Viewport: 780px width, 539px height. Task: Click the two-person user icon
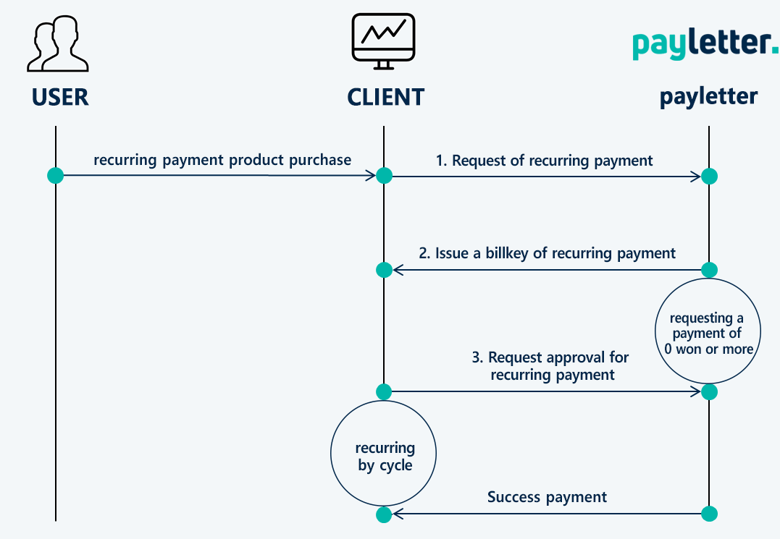click(58, 43)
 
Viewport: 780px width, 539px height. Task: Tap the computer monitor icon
click(384, 41)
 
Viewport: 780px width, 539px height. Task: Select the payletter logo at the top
click(705, 45)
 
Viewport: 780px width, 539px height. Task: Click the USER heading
click(60, 97)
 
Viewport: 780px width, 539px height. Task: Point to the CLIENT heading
click(385, 97)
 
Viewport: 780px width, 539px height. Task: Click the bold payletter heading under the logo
click(708, 96)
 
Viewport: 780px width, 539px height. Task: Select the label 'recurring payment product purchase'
click(222, 160)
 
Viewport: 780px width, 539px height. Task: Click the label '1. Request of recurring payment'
click(544, 161)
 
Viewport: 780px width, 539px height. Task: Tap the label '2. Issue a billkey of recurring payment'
click(548, 253)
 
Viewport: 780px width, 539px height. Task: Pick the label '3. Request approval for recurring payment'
click(550, 365)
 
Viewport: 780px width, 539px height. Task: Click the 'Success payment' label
click(548, 497)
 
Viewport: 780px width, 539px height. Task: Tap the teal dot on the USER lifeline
click(55, 175)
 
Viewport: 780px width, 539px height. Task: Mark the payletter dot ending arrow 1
click(709, 176)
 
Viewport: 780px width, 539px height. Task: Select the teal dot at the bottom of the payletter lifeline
click(709, 514)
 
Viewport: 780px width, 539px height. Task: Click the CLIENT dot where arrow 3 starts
click(384, 391)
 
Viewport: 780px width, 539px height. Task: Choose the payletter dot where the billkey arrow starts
click(709, 270)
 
